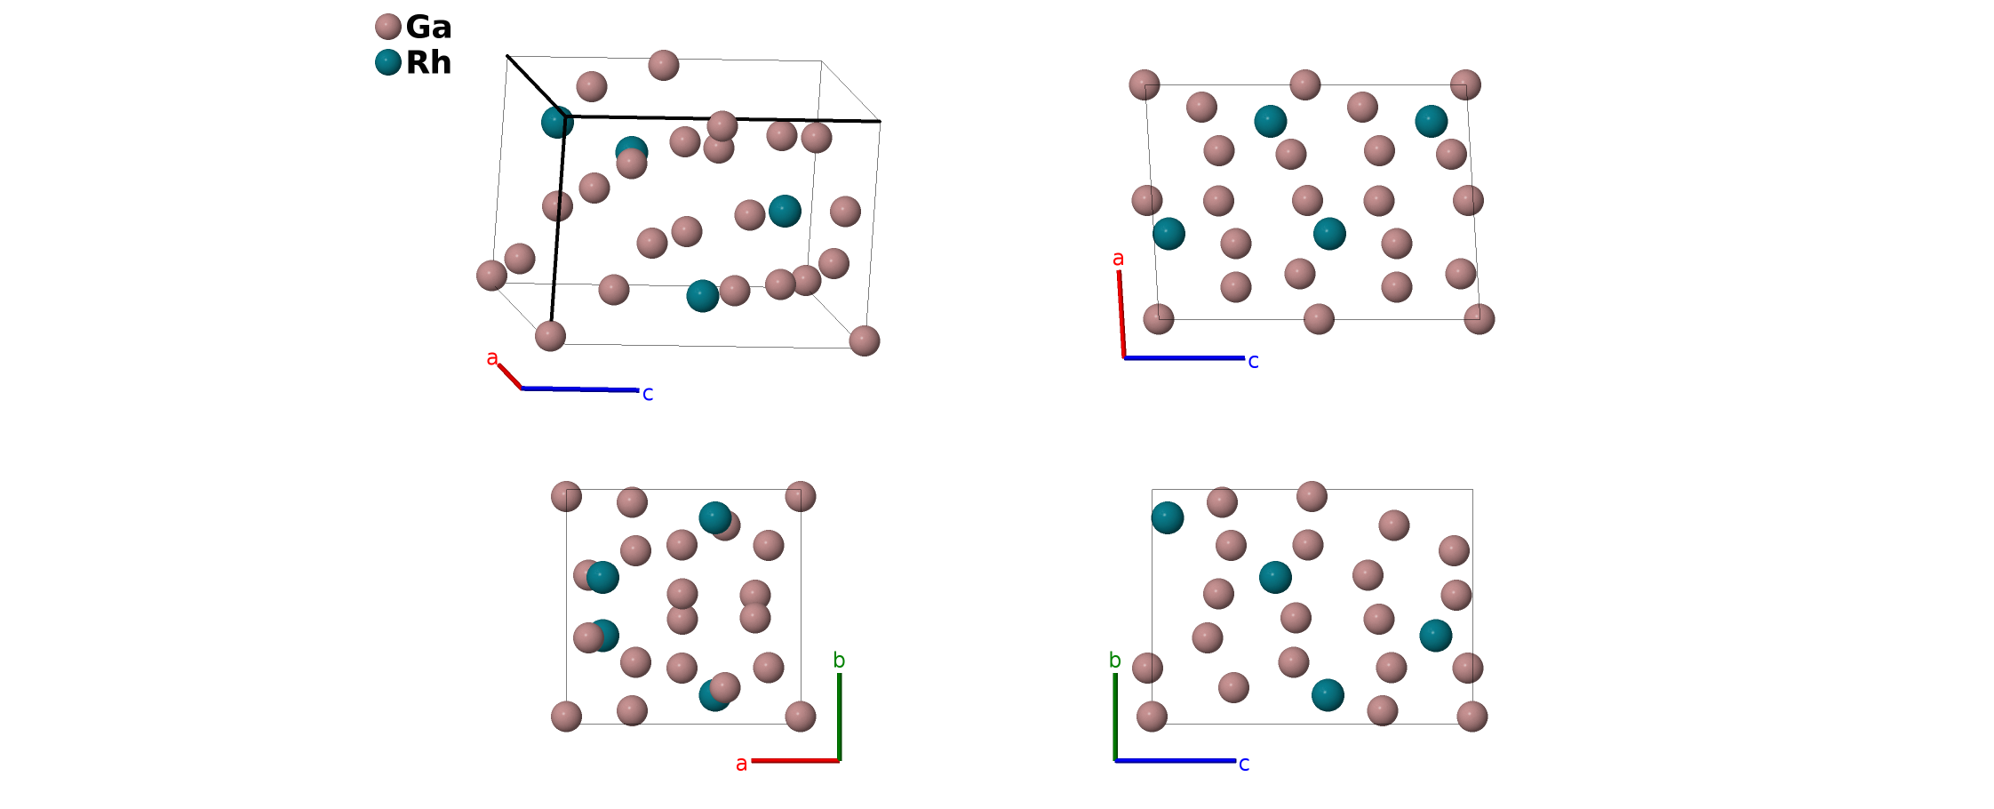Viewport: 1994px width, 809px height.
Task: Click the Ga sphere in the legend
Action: tap(388, 27)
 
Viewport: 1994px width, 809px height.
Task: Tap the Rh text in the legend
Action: tap(428, 63)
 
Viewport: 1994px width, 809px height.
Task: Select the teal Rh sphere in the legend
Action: tap(388, 62)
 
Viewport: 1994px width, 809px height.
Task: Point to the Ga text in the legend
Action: tap(428, 28)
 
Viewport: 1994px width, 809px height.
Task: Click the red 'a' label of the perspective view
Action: tap(492, 358)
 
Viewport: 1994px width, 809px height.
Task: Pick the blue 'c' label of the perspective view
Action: tap(648, 394)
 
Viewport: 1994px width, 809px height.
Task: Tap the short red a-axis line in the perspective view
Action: tap(510, 377)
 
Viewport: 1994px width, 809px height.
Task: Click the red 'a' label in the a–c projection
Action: tap(1118, 259)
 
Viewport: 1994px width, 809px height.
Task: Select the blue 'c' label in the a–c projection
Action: tap(1253, 361)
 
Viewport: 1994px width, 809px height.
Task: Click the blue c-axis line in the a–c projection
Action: tap(1184, 358)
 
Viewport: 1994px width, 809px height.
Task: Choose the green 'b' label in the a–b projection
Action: tap(839, 661)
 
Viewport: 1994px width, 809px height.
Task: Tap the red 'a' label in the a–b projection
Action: tap(741, 764)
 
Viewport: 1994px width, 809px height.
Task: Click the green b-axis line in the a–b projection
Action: tap(839, 717)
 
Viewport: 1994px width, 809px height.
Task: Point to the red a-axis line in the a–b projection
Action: tap(795, 761)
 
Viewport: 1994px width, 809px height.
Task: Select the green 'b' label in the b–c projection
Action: tap(1114, 661)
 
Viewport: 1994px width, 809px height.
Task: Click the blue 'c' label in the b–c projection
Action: tap(1244, 764)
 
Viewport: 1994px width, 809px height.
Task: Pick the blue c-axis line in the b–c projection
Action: tap(1175, 761)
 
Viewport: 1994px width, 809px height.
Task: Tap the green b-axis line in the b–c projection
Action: tap(1115, 717)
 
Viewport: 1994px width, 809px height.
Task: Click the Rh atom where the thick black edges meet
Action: tap(557, 122)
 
